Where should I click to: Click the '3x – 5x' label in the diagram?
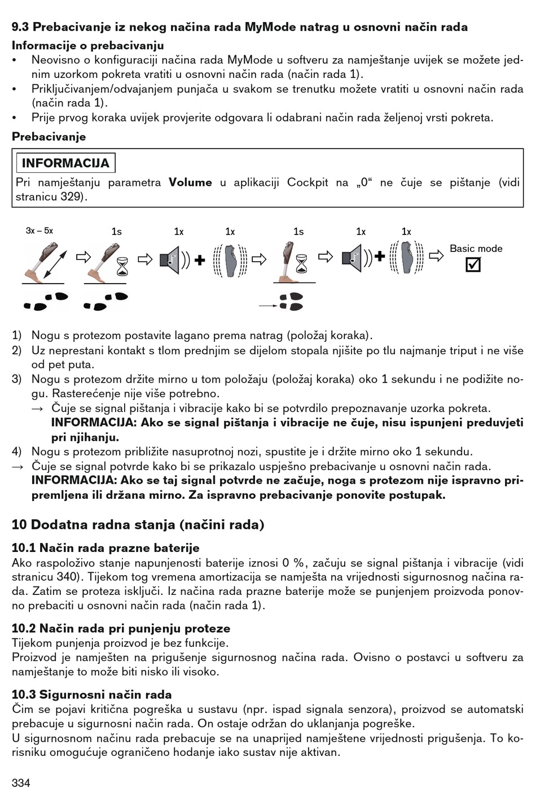tap(39, 231)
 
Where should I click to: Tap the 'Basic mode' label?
tap(476, 249)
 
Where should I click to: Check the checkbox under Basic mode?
tap(473, 264)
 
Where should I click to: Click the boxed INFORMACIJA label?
tap(65, 163)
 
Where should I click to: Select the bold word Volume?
tap(191, 182)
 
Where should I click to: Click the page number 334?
tap(21, 782)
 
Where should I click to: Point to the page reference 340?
tap(72, 577)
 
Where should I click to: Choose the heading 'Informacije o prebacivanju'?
tap(88, 46)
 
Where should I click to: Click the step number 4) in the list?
tap(17, 451)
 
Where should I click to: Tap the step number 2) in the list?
tap(17, 350)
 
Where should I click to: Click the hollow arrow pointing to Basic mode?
tap(436, 256)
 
